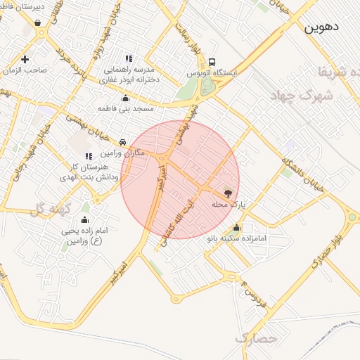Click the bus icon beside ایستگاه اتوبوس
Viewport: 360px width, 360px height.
tap(212, 61)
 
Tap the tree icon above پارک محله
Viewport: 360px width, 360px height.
tap(228, 192)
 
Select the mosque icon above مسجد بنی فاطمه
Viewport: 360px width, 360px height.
tap(124, 99)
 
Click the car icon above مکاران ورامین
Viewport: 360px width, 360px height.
tap(123, 141)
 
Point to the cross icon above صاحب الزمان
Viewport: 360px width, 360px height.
tap(25, 59)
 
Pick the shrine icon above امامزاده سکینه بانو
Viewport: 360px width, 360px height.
tap(236, 228)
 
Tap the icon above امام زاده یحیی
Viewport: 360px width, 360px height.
tap(85, 220)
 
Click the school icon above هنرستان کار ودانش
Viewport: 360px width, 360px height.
tap(88, 155)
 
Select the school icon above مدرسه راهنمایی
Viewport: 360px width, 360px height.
tap(128, 59)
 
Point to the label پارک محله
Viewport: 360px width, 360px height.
tap(227, 205)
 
